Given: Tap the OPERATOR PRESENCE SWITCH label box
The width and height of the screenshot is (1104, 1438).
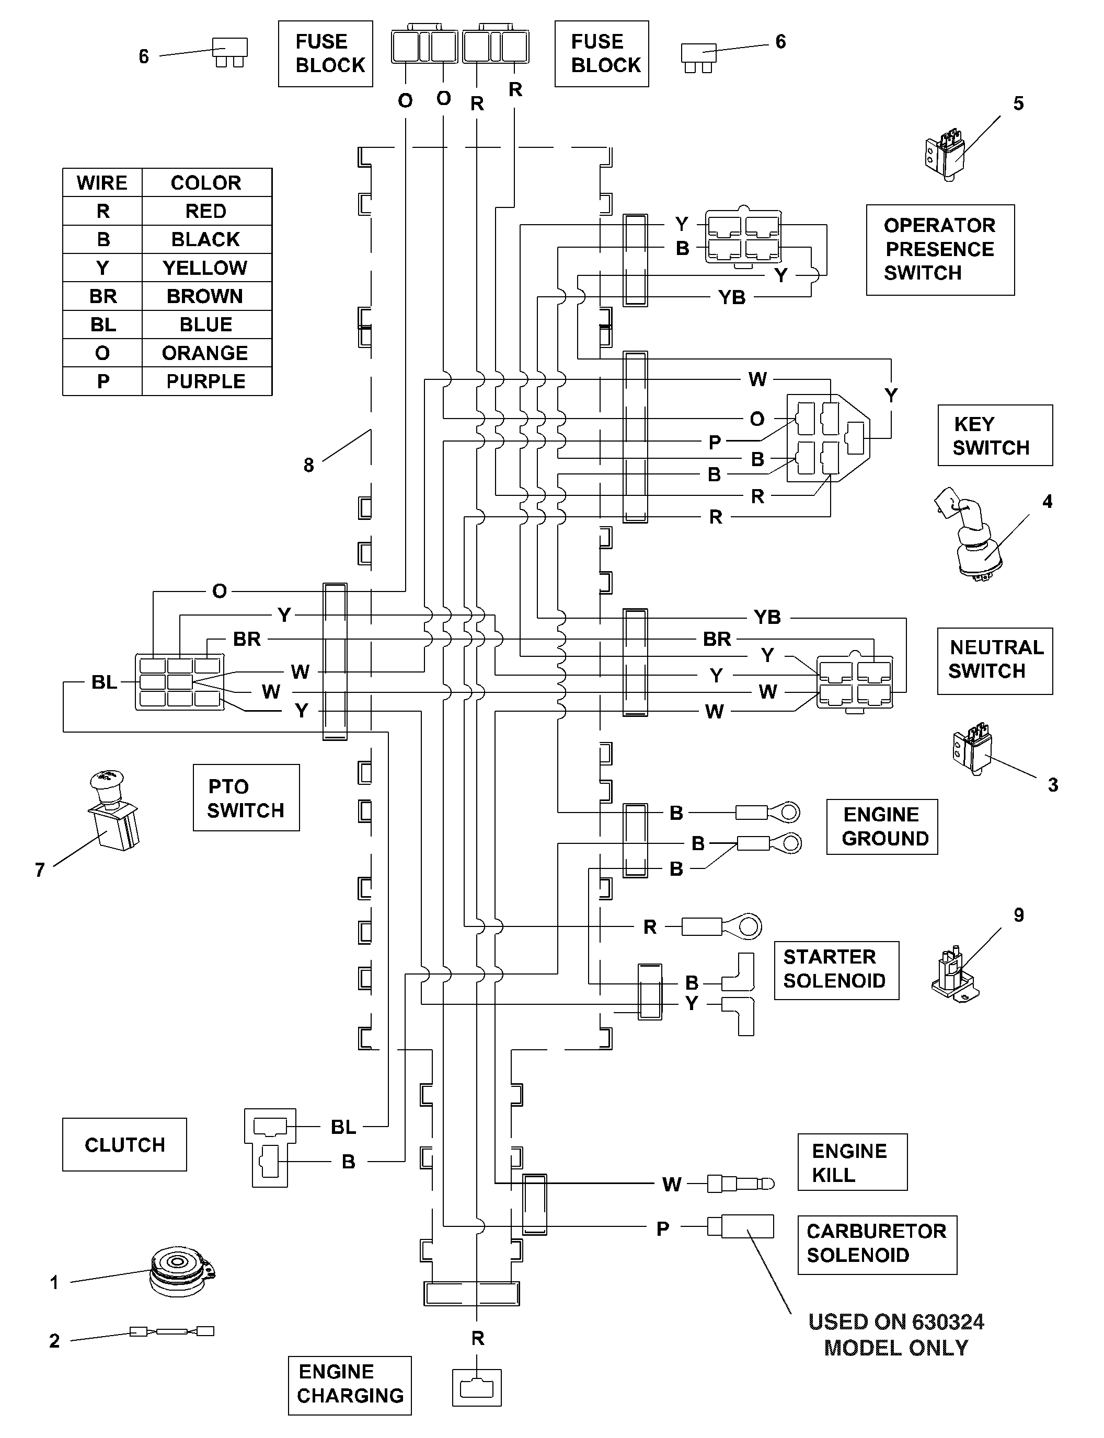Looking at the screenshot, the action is tap(940, 250).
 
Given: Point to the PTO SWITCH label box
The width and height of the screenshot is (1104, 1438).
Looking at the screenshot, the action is tap(246, 797).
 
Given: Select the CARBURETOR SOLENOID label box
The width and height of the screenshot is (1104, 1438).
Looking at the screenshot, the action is tap(877, 1245).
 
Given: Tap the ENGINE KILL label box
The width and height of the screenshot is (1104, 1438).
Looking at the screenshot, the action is tap(853, 1162).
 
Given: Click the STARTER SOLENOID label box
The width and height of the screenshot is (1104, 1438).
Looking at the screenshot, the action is tap(836, 970).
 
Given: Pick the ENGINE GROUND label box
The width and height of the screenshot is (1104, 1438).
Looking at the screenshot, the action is tap(882, 827).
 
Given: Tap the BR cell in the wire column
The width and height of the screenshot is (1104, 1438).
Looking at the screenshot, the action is tap(102, 296).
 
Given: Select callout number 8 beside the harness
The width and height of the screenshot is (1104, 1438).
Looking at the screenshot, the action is tap(309, 465).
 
